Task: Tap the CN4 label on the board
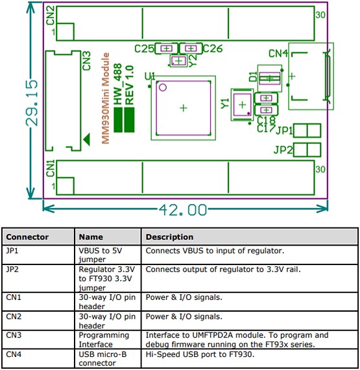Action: [x=278, y=54]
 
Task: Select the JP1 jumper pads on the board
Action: [x=307, y=130]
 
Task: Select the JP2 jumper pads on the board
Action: [x=307, y=150]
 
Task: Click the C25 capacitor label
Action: [x=143, y=49]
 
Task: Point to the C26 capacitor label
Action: [x=213, y=49]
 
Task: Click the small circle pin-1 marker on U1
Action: [x=163, y=87]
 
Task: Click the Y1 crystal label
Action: [x=225, y=103]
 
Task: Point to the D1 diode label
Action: [x=252, y=76]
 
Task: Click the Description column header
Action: [x=169, y=237]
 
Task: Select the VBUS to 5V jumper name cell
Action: [x=97, y=253]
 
